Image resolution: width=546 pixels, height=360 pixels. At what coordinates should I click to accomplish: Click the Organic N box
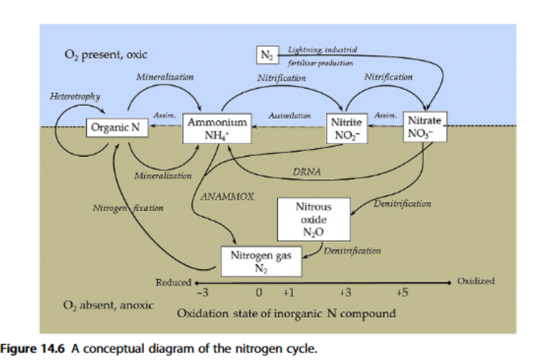(116, 127)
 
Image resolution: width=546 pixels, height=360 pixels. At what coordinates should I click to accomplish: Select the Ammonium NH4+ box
(217, 127)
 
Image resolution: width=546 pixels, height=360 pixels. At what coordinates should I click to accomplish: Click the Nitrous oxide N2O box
(313, 219)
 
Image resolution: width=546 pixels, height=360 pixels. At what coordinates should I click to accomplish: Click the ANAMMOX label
(227, 197)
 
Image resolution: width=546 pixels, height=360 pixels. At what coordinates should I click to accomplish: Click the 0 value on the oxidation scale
(258, 293)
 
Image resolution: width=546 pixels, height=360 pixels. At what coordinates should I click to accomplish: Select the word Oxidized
(476, 281)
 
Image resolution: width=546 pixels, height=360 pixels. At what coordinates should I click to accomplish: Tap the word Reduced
(173, 282)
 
